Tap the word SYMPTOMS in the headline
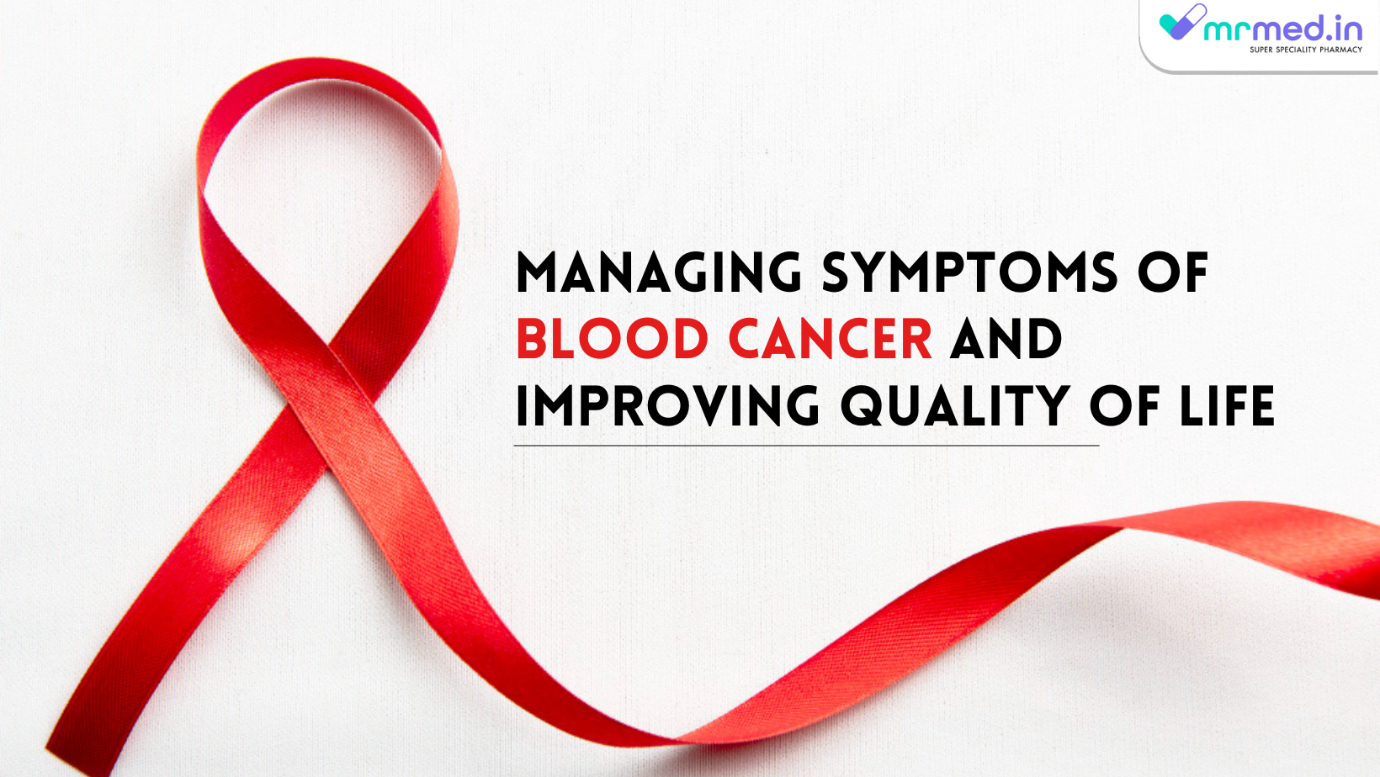coord(969,272)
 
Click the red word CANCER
coord(831,339)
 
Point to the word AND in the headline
coord(1006,339)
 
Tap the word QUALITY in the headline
coord(955,406)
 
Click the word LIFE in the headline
coord(1227,406)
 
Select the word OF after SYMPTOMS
coord(1172,272)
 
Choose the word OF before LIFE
coord(1124,406)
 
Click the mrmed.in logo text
coord(1282,29)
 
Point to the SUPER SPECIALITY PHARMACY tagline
coord(1305,50)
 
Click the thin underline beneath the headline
coord(806,445)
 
